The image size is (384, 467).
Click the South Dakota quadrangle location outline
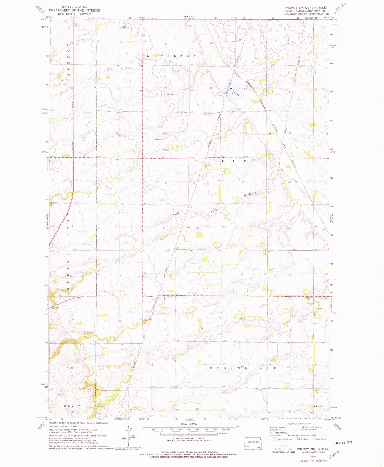tap(253, 441)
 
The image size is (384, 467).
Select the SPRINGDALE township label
tap(243, 368)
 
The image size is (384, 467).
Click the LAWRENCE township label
tap(171, 56)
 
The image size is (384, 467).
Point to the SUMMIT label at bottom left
tap(71, 406)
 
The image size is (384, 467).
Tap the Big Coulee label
tap(120, 68)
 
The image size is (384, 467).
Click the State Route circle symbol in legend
tap(314, 439)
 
